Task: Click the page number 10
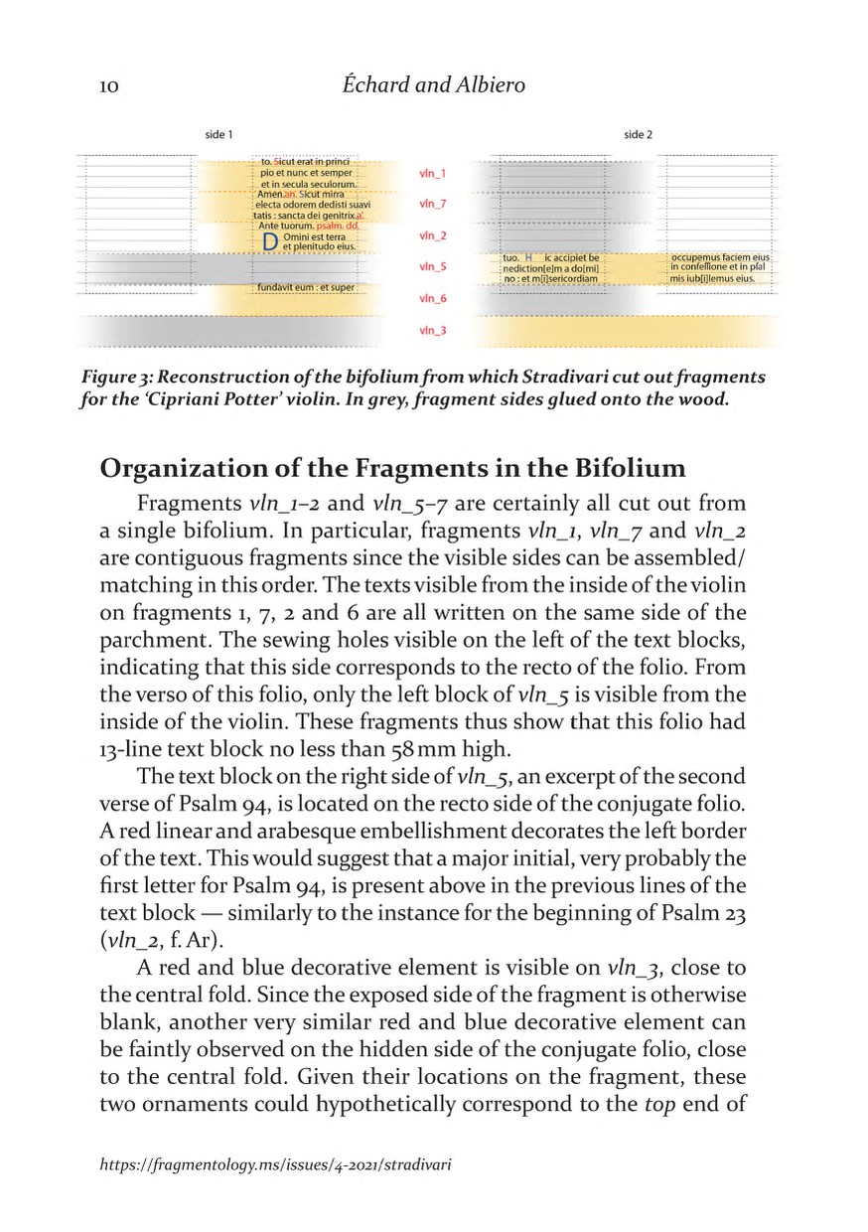[x=109, y=87]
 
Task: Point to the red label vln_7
[x=433, y=205]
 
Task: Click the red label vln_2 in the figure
[x=433, y=236]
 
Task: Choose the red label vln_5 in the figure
[x=433, y=267]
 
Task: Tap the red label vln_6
[x=433, y=299]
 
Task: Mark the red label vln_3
[x=433, y=331]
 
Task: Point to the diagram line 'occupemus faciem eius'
[x=720, y=257]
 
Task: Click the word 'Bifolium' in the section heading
[x=630, y=468]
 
